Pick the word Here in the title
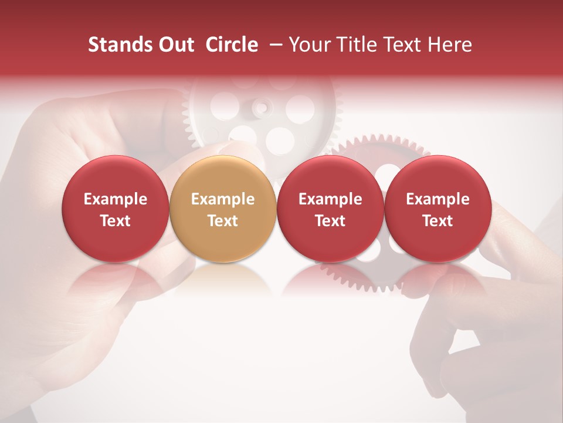coord(450,45)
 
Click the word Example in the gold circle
coord(223,199)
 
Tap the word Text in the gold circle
coord(223,221)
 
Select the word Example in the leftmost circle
coord(115,199)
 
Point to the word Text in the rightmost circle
coord(437,221)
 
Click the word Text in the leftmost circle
coord(115,221)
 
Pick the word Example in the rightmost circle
coord(437,199)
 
